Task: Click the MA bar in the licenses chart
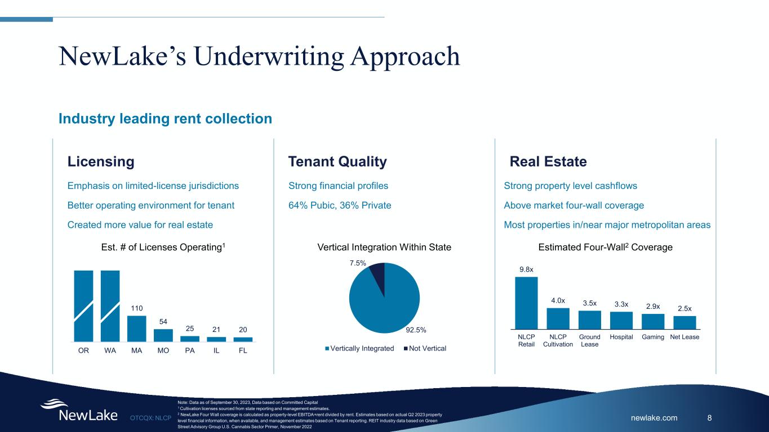(x=137, y=328)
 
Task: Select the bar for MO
(x=163, y=335)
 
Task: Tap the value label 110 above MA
(x=137, y=308)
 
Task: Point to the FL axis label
(x=243, y=350)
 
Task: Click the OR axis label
(x=83, y=350)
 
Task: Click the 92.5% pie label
(x=416, y=330)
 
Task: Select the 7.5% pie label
(x=358, y=263)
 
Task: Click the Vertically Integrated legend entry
(x=359, y=348)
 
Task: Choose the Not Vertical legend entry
(x=425, y=348)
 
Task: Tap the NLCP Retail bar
(x=526, y=303)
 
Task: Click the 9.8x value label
(x=526, y=269)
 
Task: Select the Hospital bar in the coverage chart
(x=621, y=320)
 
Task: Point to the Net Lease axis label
(x=684, y=337)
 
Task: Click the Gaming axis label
(x=653, y=337)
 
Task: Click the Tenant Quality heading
(x=337, y=161)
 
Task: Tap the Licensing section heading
(x=101, y=161)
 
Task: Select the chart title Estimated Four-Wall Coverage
(x=605, y=247)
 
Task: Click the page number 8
(x=710, y=418)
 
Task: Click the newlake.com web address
(x=654, y=418)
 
